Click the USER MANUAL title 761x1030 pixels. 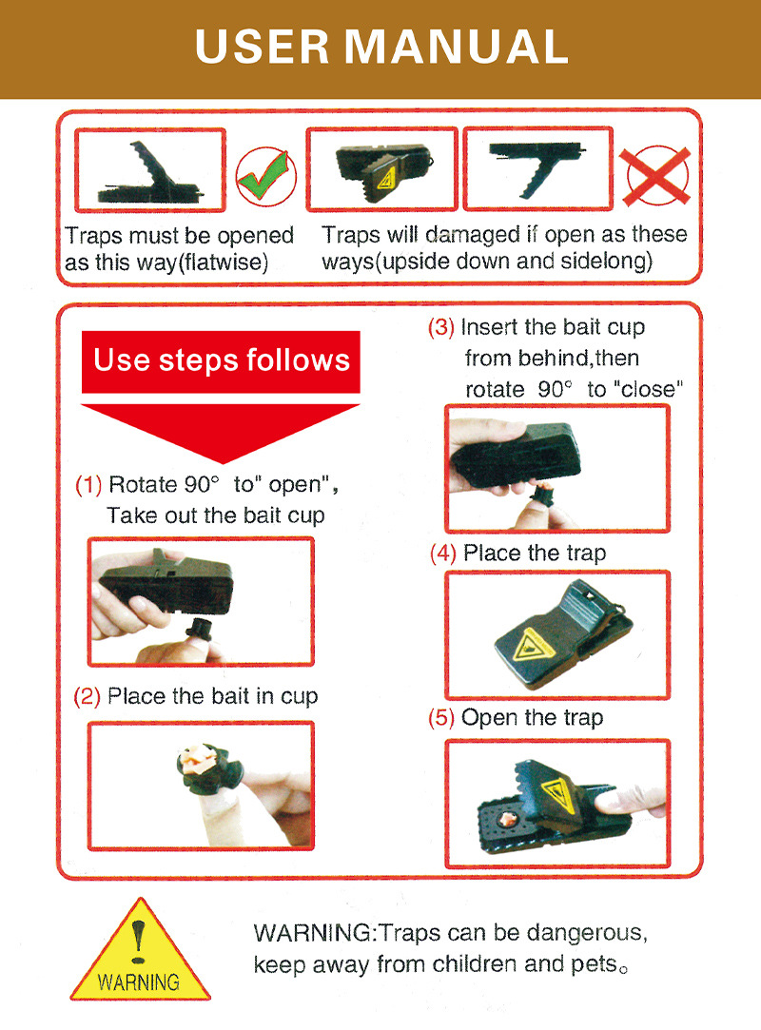[x=381, y=48]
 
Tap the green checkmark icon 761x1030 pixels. [x=265, y=177]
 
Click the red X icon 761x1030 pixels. [x=657, y=176]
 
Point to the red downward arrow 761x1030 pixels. [x=221, y=432]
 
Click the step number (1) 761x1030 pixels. [x=88, y=485]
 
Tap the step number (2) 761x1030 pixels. [x=87, y=697]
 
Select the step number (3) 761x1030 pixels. [x=441, y=328]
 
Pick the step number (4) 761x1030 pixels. [x=443, y=554]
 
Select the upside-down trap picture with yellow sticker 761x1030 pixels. [x=381, y=169]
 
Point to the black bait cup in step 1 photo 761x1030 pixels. [x=198, y=631]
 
